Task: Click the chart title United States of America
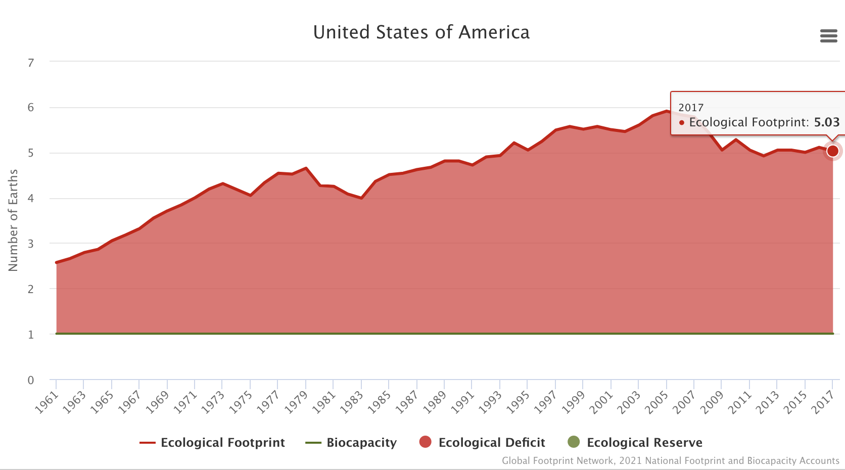tap(421, 32)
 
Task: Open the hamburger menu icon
tap(828, 36)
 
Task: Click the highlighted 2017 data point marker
tap(832, 151)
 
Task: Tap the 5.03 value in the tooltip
tap(826, 122)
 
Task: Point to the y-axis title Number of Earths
tap(13, 220)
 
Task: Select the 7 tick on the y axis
tap(31, 63)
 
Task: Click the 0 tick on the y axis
tap(31, 380)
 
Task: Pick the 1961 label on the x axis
tap(46, 403)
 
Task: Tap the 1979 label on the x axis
tap(296, 403)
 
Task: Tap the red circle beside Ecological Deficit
tap(426, 442)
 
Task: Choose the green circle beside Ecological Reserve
tap(574, 442)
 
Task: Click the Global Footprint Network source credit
tap(670, 461)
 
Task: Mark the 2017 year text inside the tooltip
tap(691, 108)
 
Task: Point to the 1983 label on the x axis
tap(352, 403)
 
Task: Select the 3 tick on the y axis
tap(31, 244)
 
